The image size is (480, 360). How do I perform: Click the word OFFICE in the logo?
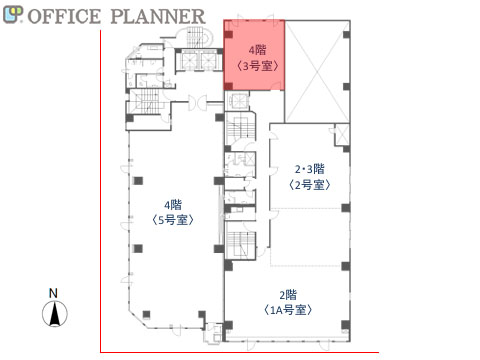(x=64, y=16)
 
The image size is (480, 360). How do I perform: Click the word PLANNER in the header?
(x=158, y=16)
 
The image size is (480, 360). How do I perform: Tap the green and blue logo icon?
(x=13, y=15)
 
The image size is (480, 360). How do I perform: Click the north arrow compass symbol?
(x=55, y=313)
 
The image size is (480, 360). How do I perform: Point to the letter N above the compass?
(x=53, y=293)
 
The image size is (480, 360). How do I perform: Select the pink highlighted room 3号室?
(x=254, y=55)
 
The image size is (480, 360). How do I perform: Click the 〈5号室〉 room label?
(x=173, y=220)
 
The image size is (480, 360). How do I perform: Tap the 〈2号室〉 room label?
(x=310, y=185)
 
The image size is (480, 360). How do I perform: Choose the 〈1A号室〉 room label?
(x=288, y=310)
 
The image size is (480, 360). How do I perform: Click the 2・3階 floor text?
(x=310, y=169)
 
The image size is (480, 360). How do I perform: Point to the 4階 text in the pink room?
(x=257, y=50)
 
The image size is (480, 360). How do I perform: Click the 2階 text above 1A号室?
(x=288, y=295)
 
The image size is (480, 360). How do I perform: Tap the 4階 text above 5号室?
(x=173, y=204)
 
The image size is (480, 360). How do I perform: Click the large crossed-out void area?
(x=317, y=72)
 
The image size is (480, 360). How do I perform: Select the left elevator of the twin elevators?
(x=187, y=61)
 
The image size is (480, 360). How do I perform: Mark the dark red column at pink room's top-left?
(x=228, y=34)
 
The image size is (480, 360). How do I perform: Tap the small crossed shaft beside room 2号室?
(x=342, y=135)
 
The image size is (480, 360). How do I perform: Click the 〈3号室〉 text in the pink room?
(x=257, y=66)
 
